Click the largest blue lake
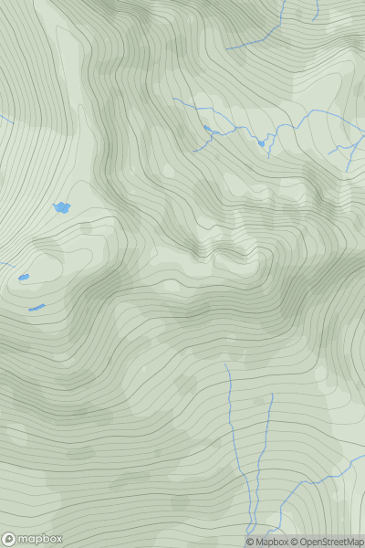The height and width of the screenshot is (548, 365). coord(61,208)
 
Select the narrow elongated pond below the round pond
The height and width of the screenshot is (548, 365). coord(36,308)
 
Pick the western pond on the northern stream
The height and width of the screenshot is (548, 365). coord(208,129)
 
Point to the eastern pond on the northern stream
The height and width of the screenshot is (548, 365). coord(261,142)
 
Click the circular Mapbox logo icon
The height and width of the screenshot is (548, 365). coord(9,539)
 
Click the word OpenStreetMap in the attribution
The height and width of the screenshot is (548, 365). coord(330,542)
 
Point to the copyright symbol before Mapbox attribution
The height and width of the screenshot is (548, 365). coord(251,542)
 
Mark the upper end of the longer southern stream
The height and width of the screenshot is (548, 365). coord(225,364)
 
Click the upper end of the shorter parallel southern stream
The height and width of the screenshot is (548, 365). coord(272,395)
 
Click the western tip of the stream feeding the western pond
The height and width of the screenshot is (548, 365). coord(173,99)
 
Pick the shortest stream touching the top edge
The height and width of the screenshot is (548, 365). coord(316,11)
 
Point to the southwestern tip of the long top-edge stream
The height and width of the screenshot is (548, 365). coord(227,48)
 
